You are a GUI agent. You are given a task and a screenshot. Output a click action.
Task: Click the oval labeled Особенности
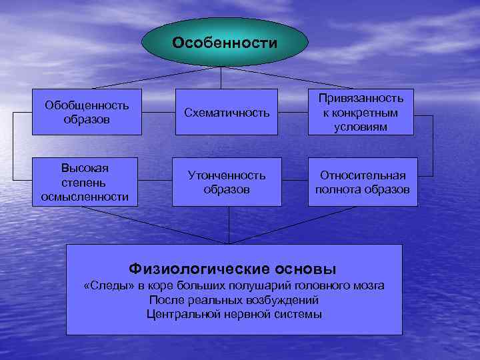[x=224, y=43]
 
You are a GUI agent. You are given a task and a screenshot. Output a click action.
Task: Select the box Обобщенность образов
[x=86, y=112]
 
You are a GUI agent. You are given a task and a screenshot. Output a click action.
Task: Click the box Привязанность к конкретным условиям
[x=365, y=112]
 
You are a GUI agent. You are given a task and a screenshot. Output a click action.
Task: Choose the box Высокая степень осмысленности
[x=86, y=181]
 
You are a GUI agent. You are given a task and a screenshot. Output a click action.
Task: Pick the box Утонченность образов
[x=226, y=182]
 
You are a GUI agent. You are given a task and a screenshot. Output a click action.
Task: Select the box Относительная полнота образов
[x=363, y=182]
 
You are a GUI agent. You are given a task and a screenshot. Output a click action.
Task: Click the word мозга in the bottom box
[x=369, y=286]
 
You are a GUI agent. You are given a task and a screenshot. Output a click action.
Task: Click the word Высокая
[x=86, y=168]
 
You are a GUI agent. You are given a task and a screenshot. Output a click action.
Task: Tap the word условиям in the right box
[x=365, y=126]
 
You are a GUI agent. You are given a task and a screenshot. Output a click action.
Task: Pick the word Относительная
[x=363, y=175]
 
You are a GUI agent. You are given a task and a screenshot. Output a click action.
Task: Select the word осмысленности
[x=86, y=196]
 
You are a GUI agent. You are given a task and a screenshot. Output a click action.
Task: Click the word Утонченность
[x=226, y=175]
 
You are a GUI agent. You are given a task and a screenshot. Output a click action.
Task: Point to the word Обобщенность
[x=86, y=105]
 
